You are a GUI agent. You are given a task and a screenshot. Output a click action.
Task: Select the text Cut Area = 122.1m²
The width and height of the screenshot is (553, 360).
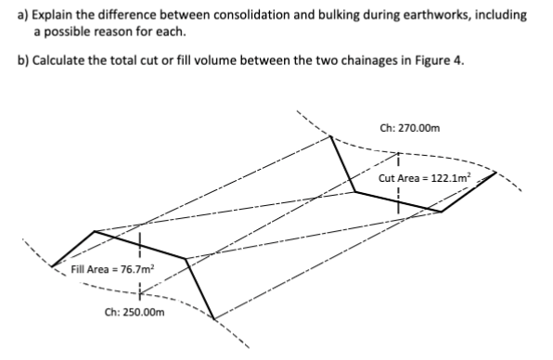click(x=426, y=177)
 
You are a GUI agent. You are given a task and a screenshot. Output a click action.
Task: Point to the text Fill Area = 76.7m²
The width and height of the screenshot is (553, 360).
click(x=112, y=270)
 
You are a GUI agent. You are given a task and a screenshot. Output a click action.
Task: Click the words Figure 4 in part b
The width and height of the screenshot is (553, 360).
click(x=435, y=61)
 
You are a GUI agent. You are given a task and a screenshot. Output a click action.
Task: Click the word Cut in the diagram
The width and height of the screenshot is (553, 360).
click(x=388, y=177)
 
